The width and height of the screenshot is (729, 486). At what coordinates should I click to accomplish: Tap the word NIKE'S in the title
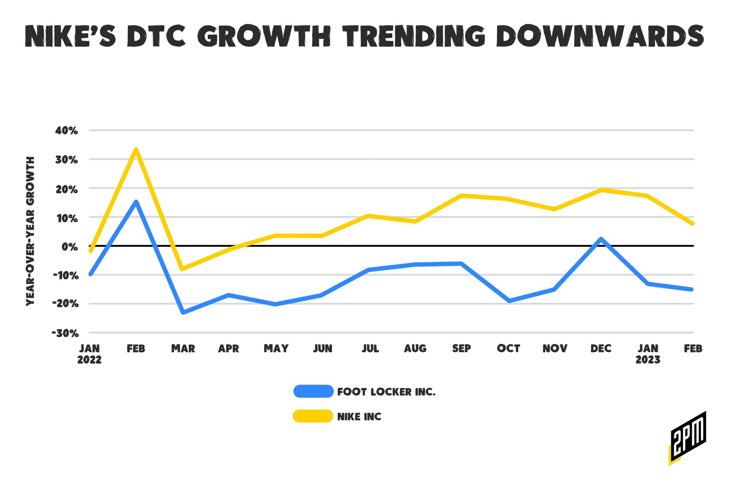click(x=70, y=36)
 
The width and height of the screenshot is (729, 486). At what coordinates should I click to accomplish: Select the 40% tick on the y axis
click(x=67, y=131)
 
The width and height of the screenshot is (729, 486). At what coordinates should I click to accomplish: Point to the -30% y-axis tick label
click(x=65, y=333)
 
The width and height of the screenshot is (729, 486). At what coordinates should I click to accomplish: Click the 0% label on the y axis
click(x=70, y=246)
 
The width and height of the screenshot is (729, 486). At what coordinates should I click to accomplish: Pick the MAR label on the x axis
click(x=183, y=348)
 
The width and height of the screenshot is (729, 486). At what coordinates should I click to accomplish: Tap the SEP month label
click(x=461, y=348)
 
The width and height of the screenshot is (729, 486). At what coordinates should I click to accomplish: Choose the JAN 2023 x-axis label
click(x=648, y=354)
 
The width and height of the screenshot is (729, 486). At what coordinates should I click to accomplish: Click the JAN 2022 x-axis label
click(x=89, y=354)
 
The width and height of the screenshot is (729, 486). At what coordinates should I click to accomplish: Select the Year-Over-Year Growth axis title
click(x=31, y=231)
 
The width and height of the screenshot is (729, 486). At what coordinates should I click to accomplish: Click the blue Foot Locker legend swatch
click(x=313, y=391)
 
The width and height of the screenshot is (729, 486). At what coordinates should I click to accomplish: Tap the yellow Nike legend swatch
click(x=313, y=416)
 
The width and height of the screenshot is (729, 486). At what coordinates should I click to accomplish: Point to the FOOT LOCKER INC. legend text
click(x=386, y=392)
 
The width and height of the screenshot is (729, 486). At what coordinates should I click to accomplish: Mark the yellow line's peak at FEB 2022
click(x=136, y=150)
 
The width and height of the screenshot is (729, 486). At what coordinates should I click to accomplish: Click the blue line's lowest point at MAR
click(x=183, y=312)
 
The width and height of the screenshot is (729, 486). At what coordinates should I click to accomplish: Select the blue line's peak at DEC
click(x=601, y=239)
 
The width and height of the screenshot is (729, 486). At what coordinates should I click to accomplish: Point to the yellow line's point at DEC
click(x=601, y=190)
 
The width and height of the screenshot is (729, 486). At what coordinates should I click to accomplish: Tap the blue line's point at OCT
click(x=509, y=301)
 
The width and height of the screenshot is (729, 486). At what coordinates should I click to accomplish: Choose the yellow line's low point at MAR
click(x=182, y=268)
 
